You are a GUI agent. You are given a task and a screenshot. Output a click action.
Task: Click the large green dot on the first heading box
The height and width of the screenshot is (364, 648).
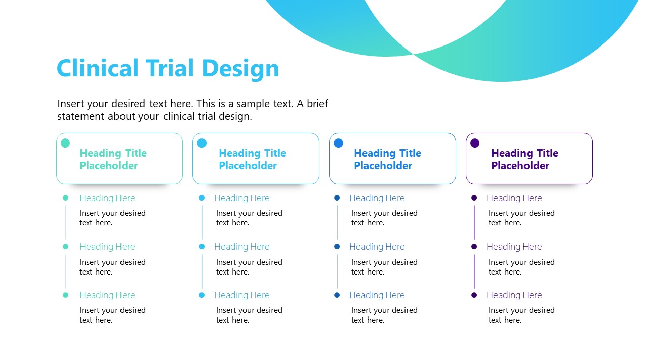65,143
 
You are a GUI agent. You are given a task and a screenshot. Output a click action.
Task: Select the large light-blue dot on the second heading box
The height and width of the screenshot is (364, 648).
202,143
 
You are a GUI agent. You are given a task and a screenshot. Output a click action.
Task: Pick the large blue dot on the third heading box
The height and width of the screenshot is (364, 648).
339,143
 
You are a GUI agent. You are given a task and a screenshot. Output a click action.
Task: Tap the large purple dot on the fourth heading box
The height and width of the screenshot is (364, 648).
475,143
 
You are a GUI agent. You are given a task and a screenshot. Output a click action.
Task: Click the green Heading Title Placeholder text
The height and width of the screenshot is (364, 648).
113,159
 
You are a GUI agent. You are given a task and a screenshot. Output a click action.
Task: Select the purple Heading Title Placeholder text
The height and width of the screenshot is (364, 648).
524,159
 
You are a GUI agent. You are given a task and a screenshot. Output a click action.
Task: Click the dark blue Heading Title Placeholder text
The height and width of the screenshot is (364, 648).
387,159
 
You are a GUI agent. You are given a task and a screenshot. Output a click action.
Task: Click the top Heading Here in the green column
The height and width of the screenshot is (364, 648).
107,198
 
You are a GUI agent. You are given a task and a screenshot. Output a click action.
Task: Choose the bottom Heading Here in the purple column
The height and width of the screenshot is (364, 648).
514,295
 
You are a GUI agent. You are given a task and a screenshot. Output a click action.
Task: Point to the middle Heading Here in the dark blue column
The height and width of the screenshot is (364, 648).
377,247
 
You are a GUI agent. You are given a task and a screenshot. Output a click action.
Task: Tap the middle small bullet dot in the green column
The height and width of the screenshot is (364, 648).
65,247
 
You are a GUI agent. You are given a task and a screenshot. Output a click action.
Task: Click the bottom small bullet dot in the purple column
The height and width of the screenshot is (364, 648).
474,295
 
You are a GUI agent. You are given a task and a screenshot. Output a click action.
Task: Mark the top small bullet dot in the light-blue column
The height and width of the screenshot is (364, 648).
202,198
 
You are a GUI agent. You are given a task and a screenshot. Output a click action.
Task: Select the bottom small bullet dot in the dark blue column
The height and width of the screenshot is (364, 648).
337,295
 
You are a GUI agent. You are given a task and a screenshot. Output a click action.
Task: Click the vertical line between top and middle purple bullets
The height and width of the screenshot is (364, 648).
474,222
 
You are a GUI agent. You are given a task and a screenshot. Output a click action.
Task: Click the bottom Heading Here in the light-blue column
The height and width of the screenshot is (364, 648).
241,295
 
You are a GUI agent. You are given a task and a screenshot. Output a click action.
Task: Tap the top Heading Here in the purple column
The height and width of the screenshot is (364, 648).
514,198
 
